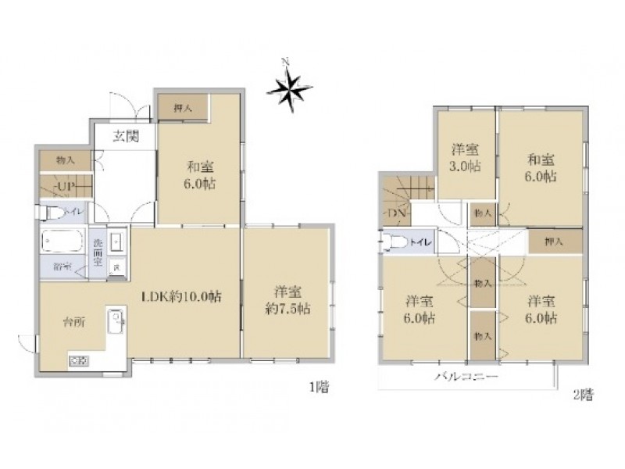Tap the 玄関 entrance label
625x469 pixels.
click(125, 138)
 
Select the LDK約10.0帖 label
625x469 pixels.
click(180, 297)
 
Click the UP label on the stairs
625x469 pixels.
click(64, 186)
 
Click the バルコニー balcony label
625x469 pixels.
click(467, 378)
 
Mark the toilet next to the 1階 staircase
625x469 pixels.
click(54, 212)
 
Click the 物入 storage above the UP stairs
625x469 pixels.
click(66, 160)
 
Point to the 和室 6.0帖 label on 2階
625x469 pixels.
click(540, 167)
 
